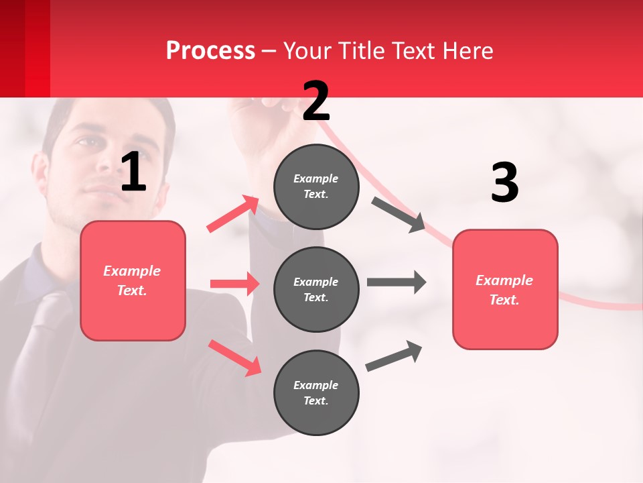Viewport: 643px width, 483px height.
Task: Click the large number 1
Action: pyautogui.click(x=133, y=172)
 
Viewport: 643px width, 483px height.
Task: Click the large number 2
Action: pyautogui.click(x=316, y=101)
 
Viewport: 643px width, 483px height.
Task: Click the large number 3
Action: pyautogui.click(x=504, y=183)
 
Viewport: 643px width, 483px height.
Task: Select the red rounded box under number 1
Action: pyautogui.click(x=133, y=280)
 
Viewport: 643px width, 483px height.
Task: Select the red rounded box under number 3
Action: pyautogui.click(x=505, y=290)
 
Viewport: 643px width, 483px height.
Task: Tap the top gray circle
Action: pyautogui.click(x=316, y=186)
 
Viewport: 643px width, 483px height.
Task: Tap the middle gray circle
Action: pyautogui.click(x=316, y=290)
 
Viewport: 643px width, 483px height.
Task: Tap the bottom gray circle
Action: pyautogui.click(x=316, y=393)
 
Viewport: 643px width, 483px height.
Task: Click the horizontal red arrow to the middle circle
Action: pyautogui.click(x=234, y=284)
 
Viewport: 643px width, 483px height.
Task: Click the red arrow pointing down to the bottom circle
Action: pyautogui.click(x=234, y=358)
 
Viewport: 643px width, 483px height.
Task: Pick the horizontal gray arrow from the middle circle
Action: pyautogui.click(x=397, y=282)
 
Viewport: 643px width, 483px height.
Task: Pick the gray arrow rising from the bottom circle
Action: pyautogui.click(x=394, y=356)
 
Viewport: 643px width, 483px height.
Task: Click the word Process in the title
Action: pyautogui.click(x=210, y=50)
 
